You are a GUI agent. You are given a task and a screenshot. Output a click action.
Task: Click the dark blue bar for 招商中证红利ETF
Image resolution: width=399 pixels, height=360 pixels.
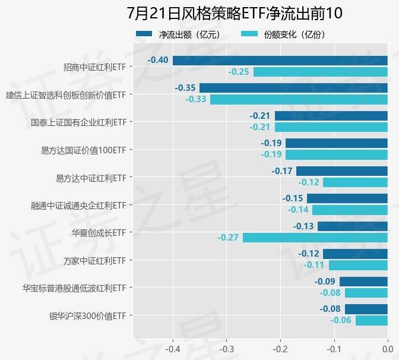pos(280,60)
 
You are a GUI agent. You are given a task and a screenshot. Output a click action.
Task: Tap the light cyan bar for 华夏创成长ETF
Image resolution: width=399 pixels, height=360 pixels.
pos(315,238)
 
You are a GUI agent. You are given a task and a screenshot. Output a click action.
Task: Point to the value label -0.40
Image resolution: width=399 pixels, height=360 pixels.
pos(158,60)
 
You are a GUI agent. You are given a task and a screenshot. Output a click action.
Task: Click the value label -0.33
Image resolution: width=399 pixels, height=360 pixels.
pos(195,99)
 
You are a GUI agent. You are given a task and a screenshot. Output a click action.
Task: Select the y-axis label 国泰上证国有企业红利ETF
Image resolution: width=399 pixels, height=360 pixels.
pos(78,122)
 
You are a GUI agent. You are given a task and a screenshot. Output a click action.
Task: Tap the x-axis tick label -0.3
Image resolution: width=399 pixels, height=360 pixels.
pos(226,348)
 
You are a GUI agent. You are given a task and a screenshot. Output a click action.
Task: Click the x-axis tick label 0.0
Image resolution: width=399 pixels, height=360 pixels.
pos(387,348)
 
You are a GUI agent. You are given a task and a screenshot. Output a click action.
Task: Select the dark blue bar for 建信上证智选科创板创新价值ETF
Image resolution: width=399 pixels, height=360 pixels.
pos(293,88)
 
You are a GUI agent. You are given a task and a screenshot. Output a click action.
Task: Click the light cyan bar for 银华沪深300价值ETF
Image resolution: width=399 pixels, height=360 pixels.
pos(371,320)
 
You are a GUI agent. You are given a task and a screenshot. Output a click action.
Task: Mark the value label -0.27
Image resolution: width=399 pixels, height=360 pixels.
pos(228,238)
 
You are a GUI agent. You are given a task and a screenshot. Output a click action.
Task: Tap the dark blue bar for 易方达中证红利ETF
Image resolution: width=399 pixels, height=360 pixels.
pos(341,171)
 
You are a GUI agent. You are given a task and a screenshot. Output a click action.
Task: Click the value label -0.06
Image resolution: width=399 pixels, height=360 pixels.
pos(341,320)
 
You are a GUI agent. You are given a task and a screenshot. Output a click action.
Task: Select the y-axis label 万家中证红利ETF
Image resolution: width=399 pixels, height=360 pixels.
pos(94,260)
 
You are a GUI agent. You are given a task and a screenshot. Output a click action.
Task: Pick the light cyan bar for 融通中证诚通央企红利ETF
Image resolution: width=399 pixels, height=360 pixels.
pos(350,210)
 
